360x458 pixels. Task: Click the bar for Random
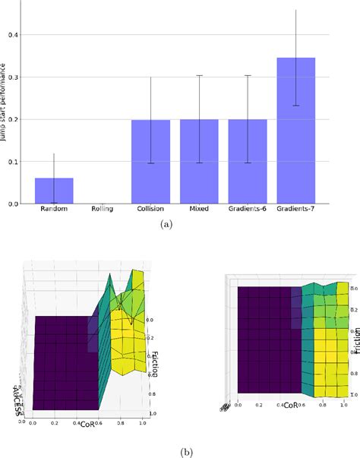(x=54, y=191)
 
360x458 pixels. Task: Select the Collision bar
(x=150, y=162)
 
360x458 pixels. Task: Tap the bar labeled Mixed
(x=199, y=162)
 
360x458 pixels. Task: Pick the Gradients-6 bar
(x=248, y=162)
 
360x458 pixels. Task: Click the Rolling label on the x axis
(x=102, y=210)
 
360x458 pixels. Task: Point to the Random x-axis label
(x=54, y=210)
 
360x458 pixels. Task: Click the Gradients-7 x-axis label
(x=295, y=210)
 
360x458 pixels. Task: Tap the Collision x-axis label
(x=150, y=210)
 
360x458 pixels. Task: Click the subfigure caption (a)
(x=179, y=226)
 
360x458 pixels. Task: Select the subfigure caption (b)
(x=179, y=451)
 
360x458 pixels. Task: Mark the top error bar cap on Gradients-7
(x=295, y=10)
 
